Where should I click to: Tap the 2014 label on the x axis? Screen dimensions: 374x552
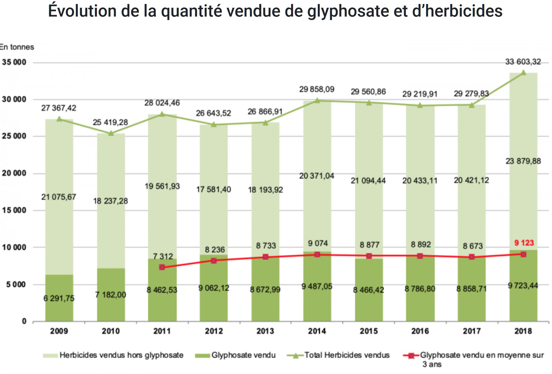[317, 331]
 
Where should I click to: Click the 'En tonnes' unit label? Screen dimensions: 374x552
[17, 47]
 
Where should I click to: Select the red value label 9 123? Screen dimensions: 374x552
[524, 243]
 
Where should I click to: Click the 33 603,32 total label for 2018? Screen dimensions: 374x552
[523, 62]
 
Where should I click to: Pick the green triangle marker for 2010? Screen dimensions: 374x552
[111, 133]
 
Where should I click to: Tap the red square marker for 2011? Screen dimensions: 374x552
[162, 267]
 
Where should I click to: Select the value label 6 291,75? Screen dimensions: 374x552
[59, 298]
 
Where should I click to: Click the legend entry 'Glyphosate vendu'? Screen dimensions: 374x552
[243, 355]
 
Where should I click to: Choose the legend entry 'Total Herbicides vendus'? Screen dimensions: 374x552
[347, 355]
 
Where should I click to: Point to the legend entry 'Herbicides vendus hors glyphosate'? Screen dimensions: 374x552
[121, 355]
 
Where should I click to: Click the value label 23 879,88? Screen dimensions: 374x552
[523, 161]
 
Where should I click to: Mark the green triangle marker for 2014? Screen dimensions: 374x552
[317, 100]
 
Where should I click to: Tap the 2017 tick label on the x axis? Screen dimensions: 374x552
[472, 331]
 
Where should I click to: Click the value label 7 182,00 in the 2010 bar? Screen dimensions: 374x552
[111, 295]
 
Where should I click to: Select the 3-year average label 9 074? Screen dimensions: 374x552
[317, 243]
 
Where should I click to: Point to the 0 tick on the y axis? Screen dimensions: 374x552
[24, 321]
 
